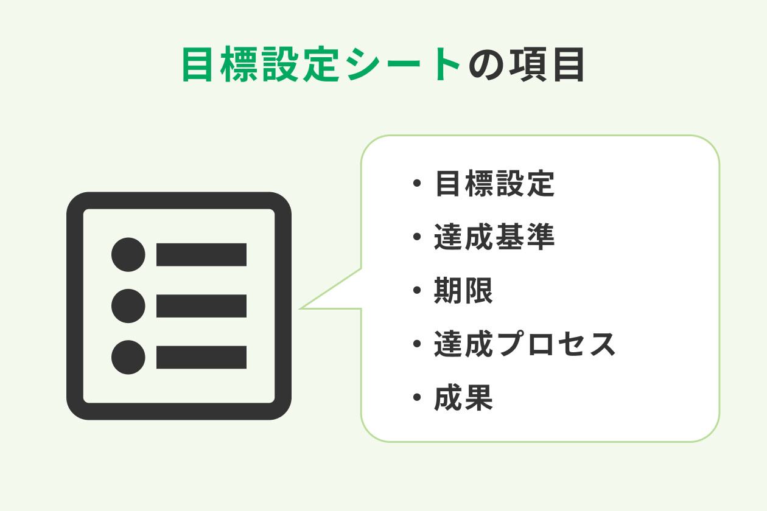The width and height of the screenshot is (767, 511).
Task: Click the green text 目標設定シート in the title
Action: pos(321,66)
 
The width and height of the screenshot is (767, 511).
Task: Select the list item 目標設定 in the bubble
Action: pos(494,184)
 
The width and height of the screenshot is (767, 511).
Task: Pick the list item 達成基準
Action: pos(494,237)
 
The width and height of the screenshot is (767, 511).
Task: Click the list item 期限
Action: pos(464,291)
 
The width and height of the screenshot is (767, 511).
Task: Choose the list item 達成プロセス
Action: pos(525,344)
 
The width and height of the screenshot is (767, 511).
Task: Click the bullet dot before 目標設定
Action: pos(417,184)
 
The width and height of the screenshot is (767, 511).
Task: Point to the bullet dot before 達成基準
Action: pos(417,237)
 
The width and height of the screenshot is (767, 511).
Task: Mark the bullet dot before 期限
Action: pos(417,291)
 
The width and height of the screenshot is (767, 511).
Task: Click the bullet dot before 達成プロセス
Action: pos(417,344)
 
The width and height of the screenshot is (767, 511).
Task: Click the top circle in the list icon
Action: pos(128,254)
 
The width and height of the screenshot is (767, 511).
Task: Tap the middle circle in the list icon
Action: pos(128,306)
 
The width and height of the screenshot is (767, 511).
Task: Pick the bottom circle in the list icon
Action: pos(128,357)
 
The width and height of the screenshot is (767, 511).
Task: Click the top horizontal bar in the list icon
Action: pos(201,254)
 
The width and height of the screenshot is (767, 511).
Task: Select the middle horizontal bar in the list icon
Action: pos(201,306)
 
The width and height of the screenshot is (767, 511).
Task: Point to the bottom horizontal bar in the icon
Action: pos(201,357)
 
